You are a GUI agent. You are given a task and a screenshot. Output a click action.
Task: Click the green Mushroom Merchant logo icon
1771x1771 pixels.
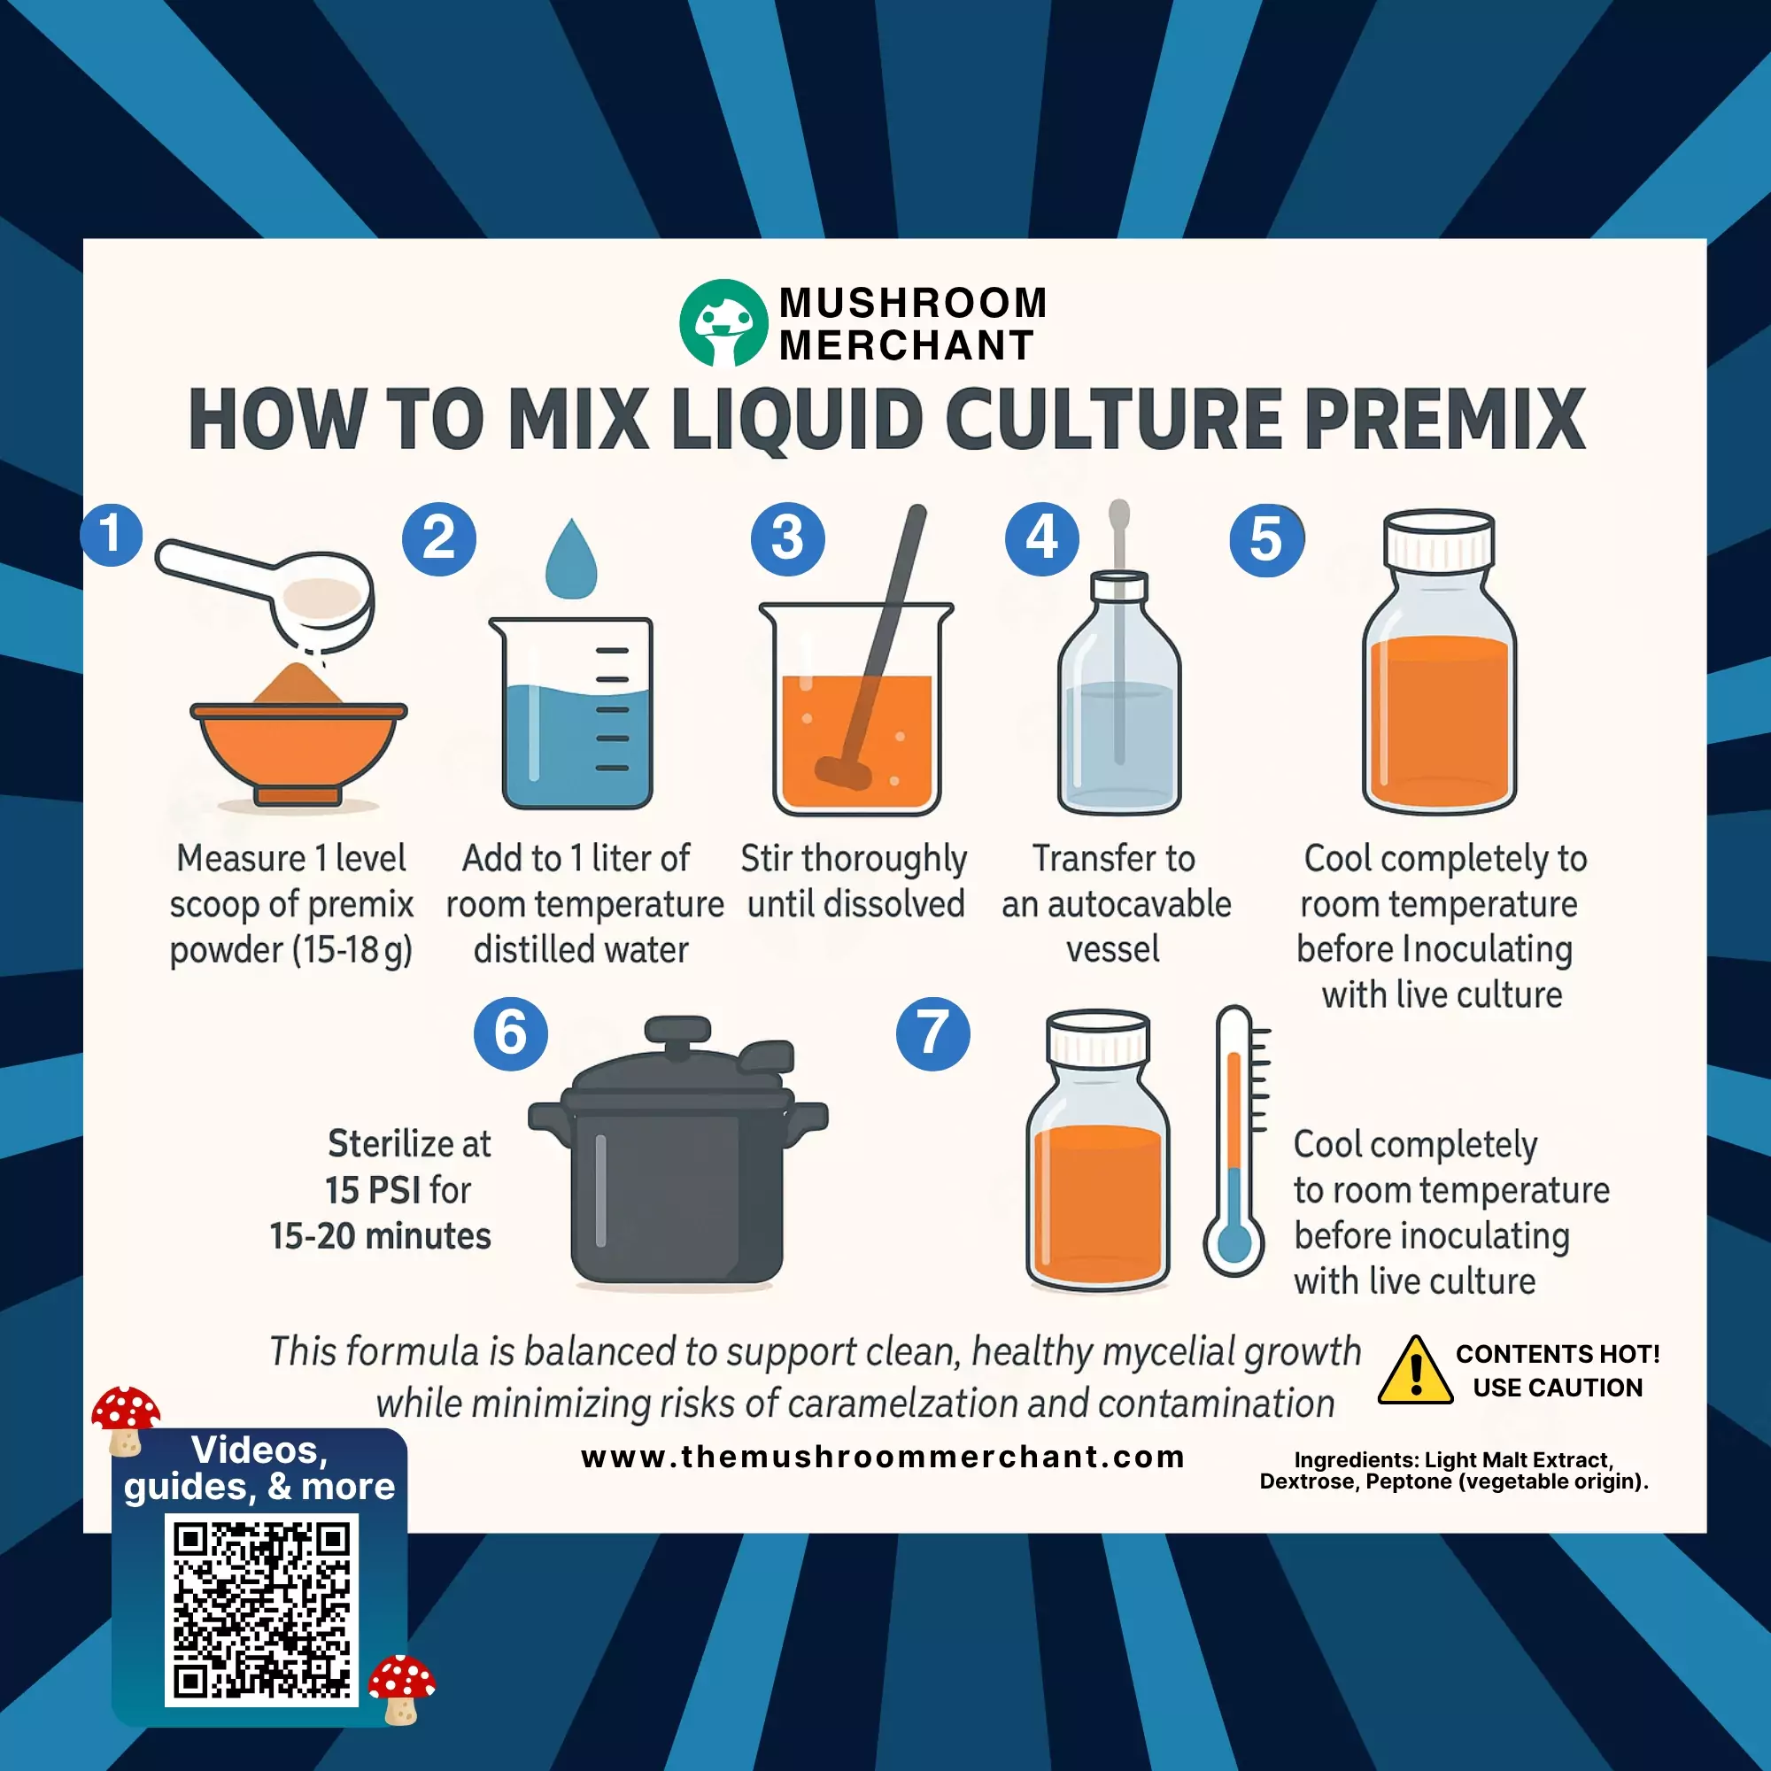723,322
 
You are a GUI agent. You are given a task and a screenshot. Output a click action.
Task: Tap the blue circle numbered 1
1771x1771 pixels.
111,535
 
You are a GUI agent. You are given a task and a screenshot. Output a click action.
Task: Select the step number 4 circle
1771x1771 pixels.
1042,539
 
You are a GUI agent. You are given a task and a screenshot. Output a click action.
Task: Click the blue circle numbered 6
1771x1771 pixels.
511,1034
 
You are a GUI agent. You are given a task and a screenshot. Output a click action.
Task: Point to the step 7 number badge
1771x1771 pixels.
933,1034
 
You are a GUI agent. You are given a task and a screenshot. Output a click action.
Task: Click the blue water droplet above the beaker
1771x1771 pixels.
571,558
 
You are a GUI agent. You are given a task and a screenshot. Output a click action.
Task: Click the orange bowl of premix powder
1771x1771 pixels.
298,750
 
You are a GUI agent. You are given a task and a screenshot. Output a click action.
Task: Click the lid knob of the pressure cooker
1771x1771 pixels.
678,1037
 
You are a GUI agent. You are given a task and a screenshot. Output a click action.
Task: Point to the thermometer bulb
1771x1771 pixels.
1234,1244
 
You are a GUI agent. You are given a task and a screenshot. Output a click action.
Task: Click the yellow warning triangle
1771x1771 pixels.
1415,1371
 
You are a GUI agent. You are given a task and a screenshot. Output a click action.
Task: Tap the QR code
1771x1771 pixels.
261,1611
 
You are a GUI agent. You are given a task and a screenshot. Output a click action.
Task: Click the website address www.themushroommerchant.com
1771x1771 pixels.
883,1457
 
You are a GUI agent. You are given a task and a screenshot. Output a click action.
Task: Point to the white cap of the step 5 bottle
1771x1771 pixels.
1439,539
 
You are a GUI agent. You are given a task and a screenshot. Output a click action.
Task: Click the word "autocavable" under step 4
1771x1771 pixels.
1140,905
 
